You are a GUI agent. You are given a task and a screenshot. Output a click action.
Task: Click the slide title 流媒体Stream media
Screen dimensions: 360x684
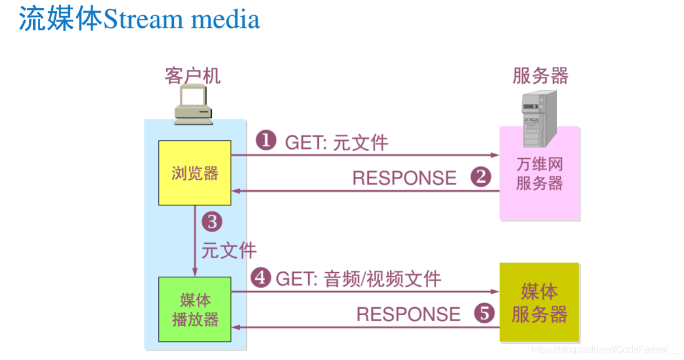pyautogui.click(x=140, y=19)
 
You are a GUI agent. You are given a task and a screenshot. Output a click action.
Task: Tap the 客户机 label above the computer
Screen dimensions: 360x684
pyautogui.click(x=193, y=76)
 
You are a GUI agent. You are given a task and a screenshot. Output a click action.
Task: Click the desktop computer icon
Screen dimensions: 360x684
pyautogui.click(x=194, y=105)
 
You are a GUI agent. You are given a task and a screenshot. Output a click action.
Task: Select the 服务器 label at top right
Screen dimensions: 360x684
pyautogui.click(x=540, y=76)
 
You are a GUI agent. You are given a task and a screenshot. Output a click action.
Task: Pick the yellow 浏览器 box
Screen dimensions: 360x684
pyautogui.click(x=195, y=173)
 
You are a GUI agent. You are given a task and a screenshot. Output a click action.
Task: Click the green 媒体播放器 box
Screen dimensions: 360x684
pyautogui.click(x=195, y=309)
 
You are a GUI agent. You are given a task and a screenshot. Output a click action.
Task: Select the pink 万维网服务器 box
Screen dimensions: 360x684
pyautogui.click(x=539, y=174)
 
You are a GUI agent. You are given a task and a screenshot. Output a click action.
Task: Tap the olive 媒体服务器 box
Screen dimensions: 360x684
pyautogui.click(x=539, y=302)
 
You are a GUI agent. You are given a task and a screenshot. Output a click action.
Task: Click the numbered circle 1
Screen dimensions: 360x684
pyautogui.click(x=266, y=141)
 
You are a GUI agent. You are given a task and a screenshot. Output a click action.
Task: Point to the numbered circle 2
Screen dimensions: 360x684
pyautogui.click(x=480, y=177)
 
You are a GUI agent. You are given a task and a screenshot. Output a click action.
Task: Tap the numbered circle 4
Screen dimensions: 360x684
pyautogui.click(x=261, y=278)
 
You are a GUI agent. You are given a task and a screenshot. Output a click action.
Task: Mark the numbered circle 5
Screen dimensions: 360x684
pyautogui.click(x=484, y=313)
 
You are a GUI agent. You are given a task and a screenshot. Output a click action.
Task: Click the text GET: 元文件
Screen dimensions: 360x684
pyautogui.click(x=336, y=142)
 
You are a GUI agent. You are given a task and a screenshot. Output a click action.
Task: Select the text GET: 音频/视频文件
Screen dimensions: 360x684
pyautogui.click(x=358, y=279)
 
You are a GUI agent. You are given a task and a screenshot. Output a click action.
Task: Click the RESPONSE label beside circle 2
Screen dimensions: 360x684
pyautogui.click(x=405, y=178)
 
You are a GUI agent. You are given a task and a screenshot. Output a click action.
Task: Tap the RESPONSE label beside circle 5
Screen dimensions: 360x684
pyautogui.click(x=408, y=315)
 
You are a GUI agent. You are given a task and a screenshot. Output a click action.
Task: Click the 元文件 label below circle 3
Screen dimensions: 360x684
pyautogui.click(x=229, y=250)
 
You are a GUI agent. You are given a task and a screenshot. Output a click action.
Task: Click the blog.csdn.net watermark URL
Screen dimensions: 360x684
pyautogui.click(x=605, y=349)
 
